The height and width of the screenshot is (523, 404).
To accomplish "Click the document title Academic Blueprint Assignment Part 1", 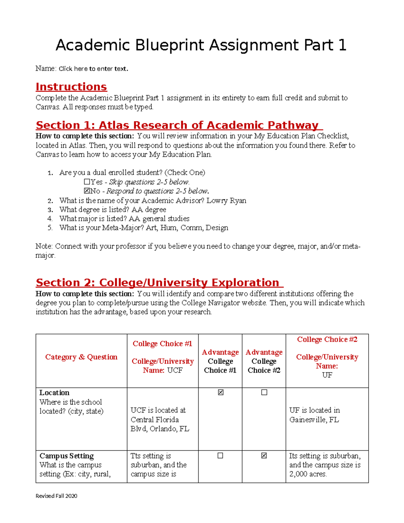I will pos(201,45).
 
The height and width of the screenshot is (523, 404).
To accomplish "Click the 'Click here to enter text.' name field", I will pos(93,69).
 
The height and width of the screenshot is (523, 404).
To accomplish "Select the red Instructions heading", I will pos(71,87).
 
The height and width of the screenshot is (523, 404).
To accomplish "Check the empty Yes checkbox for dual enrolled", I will pos(87,182).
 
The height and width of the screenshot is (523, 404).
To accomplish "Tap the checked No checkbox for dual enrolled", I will pos(87,191).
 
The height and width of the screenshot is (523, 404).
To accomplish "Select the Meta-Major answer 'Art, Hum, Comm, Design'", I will pos(187,228).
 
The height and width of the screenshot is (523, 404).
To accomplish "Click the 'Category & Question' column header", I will pos(81,357).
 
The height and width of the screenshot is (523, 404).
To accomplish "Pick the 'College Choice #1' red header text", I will pos(162,344).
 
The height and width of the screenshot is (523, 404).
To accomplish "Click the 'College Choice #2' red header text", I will pos(327,339).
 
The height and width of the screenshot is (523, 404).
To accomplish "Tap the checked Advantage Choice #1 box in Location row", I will pos(221,392).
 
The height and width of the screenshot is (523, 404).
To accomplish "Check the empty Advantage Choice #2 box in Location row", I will pos(264,392).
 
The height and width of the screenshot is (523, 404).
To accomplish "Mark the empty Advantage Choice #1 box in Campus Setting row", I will pos(220,456).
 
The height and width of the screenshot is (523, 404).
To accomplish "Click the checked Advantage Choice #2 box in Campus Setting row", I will pos(264,456).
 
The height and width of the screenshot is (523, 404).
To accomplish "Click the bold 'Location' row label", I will pos(54,393).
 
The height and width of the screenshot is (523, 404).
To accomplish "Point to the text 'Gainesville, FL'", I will pos(314,420).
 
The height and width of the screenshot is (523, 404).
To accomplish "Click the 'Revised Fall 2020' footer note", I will pos(56,496).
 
